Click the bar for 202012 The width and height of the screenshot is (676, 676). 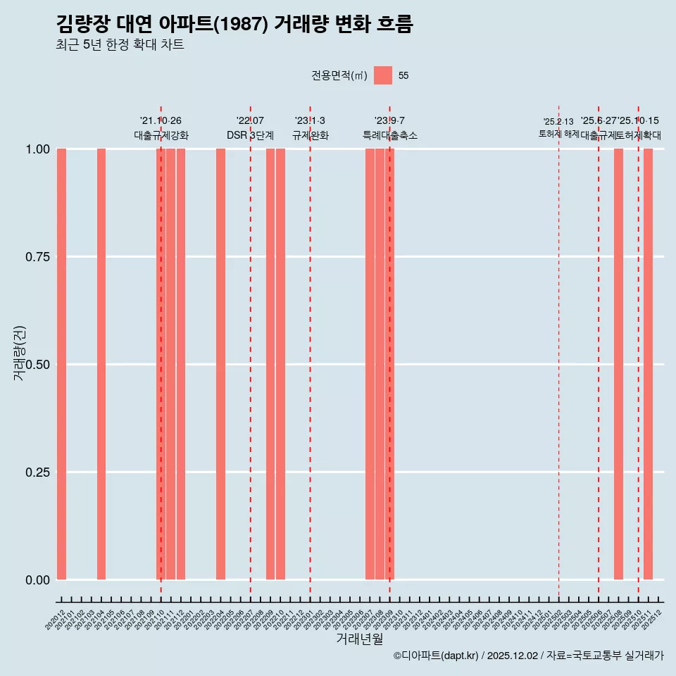[61, 364]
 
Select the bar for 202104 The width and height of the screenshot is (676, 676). [101, 364]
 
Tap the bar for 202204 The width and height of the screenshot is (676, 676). [220, 364]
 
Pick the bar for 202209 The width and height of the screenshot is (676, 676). [270, 364]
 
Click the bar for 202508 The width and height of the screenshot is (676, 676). [618, 364]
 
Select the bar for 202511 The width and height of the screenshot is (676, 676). [648, 364]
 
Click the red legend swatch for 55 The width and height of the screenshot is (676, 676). [383, 75]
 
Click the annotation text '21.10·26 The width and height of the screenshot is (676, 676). [161, 121]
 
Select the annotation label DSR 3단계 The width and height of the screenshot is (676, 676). [250, 135]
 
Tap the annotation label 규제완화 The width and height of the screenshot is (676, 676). [310, 135]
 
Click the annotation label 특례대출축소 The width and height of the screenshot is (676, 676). [389, 135]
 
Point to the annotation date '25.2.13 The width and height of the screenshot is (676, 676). [558, 122]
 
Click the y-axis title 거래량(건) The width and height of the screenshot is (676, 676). [20, 353]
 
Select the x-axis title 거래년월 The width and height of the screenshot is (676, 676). [359, 639]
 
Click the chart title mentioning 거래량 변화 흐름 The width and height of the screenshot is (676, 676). [234, 24]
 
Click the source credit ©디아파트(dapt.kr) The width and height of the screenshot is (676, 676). [436, 656]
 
